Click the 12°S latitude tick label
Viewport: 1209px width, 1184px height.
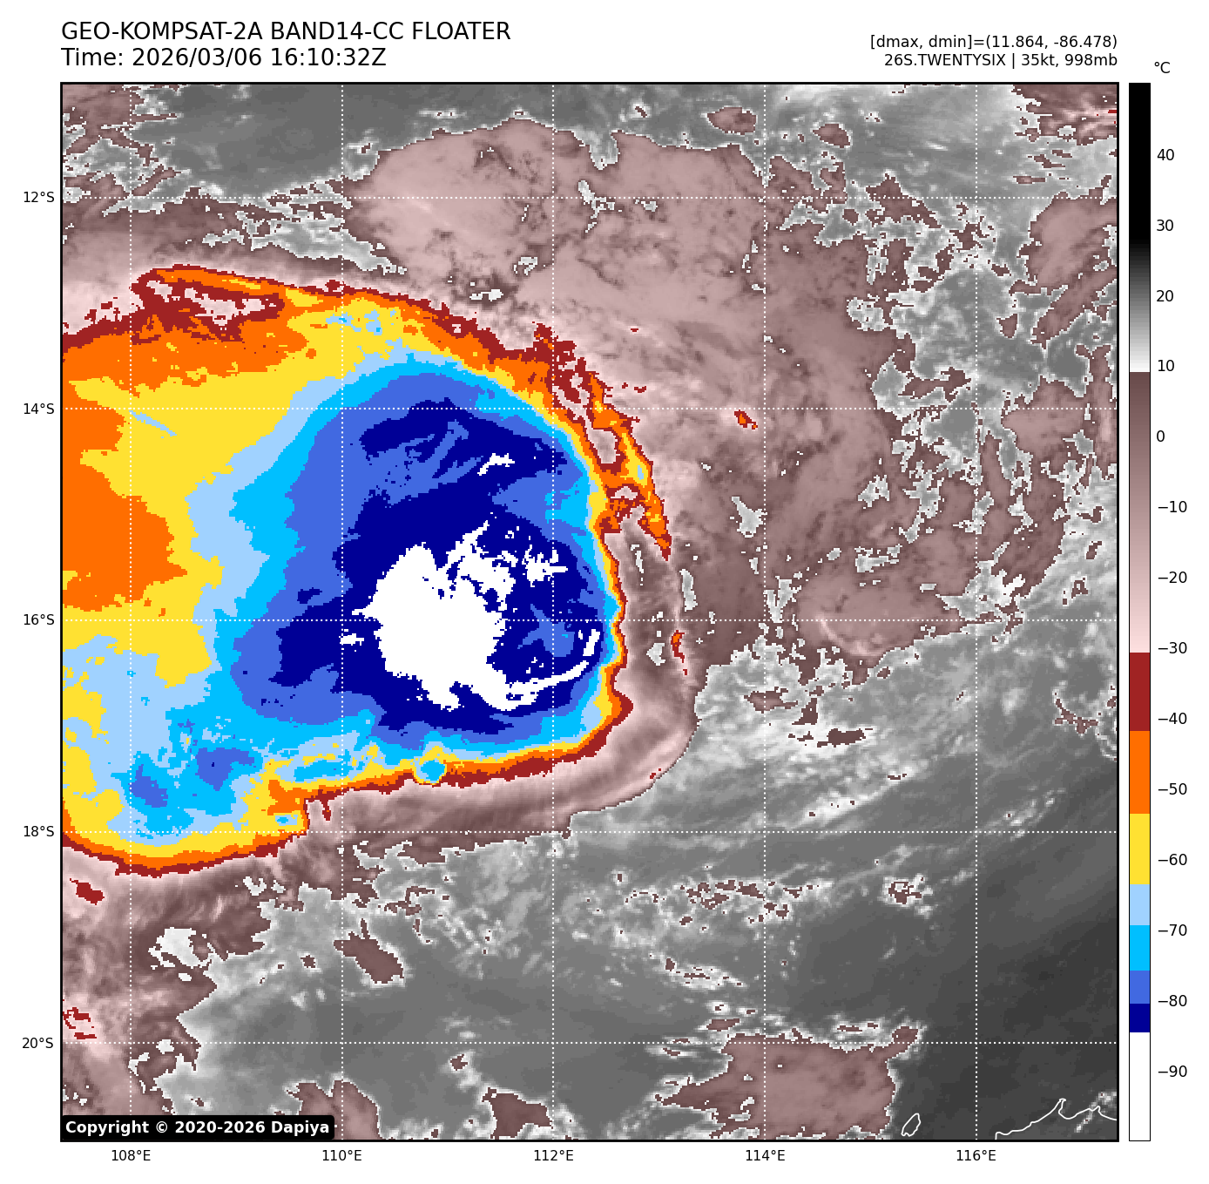(38, 197)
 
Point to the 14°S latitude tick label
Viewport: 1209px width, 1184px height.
(38, 409)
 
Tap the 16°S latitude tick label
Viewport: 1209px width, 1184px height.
(38, 619)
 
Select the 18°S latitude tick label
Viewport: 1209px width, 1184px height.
(38, 831)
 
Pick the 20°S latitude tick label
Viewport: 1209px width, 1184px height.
(38, 1043)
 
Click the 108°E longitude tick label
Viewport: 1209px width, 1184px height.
(131, 1155)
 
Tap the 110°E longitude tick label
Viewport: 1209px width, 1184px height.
(342, 1155)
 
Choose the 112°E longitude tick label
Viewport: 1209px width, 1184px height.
(553, 1155)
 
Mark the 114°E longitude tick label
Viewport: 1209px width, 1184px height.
(765, 1155)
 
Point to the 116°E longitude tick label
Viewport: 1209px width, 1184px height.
(976, 1155)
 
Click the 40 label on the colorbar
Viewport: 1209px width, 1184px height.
(1165, 155)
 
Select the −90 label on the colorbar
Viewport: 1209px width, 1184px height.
(1172, 1072)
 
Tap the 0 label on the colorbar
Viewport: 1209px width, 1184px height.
(1160, 436)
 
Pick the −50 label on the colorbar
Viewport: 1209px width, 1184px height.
(1172, 789)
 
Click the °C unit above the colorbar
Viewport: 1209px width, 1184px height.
(1162, 68)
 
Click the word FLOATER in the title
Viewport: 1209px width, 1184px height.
(461, 32)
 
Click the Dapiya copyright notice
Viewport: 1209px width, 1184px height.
(198, 1127)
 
